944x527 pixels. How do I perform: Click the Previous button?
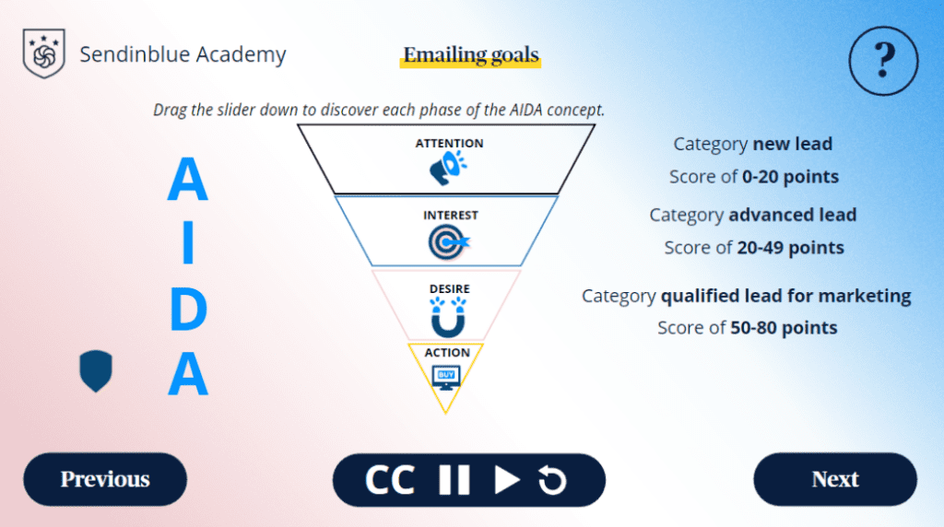tap(105, 479)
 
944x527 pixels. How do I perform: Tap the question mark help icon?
tap(883, 61)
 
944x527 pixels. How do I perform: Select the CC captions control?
tap(390, 480)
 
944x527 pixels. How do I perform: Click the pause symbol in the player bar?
tap(454, 480)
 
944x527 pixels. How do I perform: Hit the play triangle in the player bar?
tap(506, 480)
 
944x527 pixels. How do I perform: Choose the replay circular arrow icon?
tap(552, 480)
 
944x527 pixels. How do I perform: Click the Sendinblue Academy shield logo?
tap(44, 53)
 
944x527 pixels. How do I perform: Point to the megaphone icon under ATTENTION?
tap(448, 168)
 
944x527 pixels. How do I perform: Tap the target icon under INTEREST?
tap(449, 241)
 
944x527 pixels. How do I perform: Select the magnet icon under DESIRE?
tap(448, 318)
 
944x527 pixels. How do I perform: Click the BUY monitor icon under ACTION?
tap(446, 377)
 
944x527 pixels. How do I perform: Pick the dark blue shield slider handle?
tap(96, 371)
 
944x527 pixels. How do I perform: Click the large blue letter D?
tap(188, 310)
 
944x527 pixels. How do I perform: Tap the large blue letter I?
tap(188, 242)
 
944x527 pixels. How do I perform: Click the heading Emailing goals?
tap(471, 54)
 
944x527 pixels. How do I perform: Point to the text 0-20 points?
tap(790, 177)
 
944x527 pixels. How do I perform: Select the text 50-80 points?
tap(784, 328)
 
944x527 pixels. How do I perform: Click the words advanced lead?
tap(792, 215)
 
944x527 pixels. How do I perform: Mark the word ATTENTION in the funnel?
tap(449, 143)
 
